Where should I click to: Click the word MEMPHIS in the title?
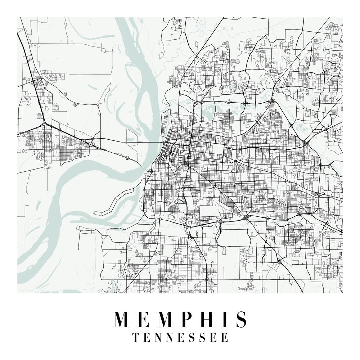click(180, 319)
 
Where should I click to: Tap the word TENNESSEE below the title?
click(180, 338)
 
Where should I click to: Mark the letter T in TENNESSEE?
click(136, 338)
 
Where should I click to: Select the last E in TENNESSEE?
click(225, 338)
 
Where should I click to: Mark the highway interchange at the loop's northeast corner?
click(305, 142)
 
